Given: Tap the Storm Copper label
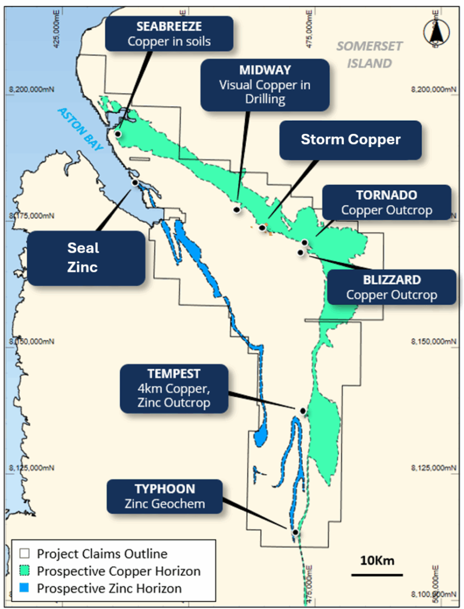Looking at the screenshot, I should point(350,140).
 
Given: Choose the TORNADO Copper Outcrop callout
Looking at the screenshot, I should point(386,203).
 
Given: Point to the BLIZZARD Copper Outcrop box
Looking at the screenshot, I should point(391,287).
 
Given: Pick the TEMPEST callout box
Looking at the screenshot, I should point(174,388).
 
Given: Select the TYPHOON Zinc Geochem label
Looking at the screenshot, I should point(164,497).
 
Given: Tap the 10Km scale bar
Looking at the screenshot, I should point(377,574).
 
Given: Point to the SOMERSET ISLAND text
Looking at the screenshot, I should point(369,54).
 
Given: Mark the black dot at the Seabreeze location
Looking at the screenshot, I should point(118,134).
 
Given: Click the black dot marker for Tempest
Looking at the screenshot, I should point(303,411).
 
